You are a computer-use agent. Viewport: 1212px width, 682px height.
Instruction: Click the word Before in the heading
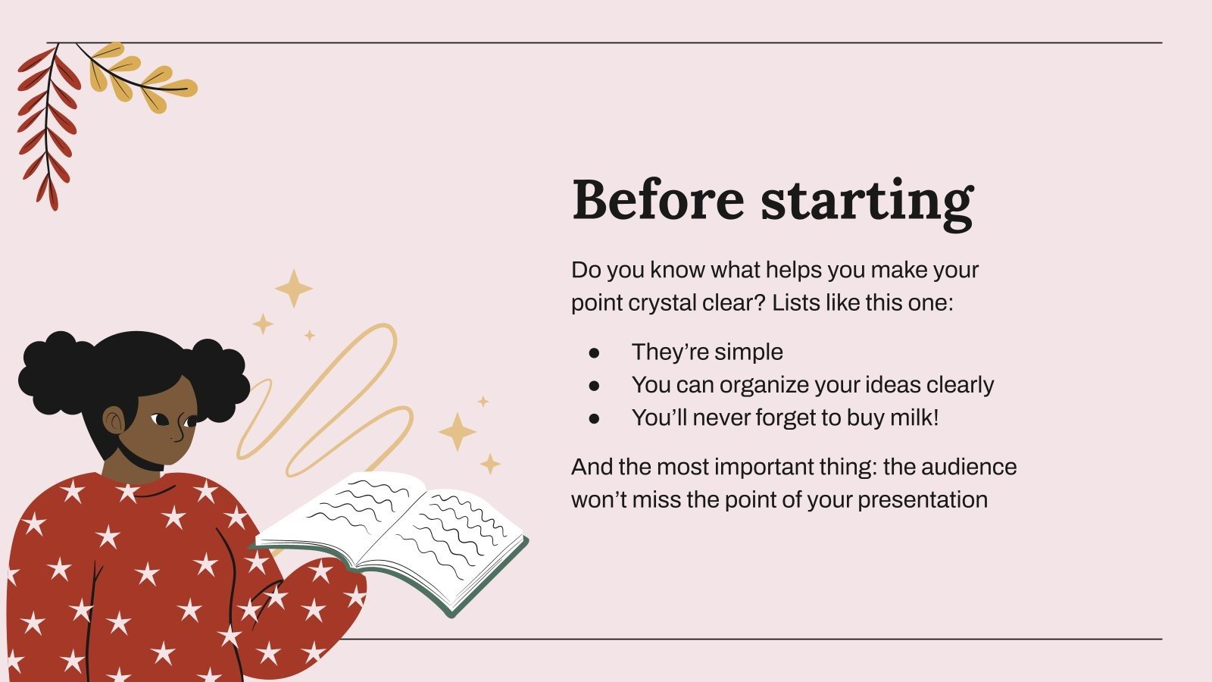(x=658, y=199)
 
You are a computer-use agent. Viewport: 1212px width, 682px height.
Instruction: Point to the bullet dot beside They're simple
(x=594, y=352)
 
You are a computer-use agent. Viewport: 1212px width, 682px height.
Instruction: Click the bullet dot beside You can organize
(x=594, y=386)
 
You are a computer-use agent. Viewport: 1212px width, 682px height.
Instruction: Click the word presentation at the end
(x=923, y=500)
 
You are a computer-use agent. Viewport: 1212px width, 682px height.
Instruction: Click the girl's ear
(x=114, y=421)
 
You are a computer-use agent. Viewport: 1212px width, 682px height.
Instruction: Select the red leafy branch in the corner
(x=48, y=125)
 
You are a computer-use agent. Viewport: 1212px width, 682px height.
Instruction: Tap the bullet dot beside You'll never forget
(x=594, y=418)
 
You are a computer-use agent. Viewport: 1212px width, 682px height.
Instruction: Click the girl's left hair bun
(x=49, y=371)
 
